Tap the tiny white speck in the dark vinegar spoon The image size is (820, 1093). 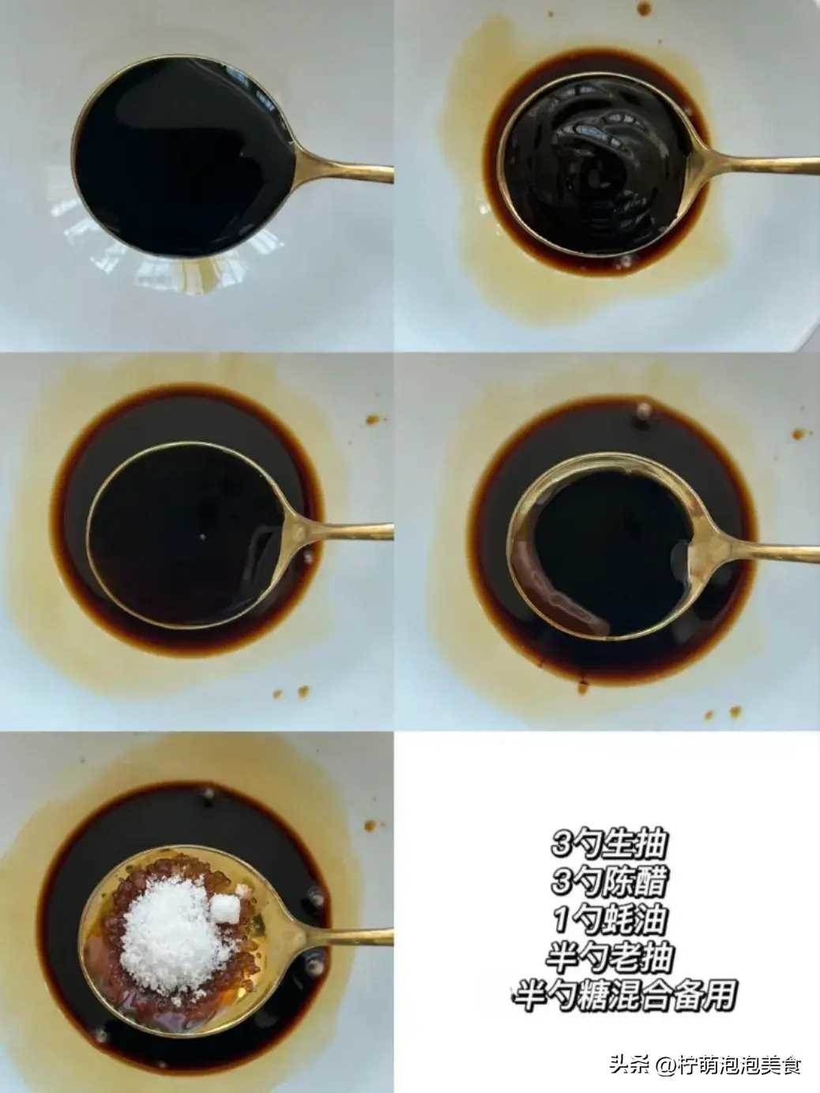point(202,537)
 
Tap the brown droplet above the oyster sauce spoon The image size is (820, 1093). point(644,9)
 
